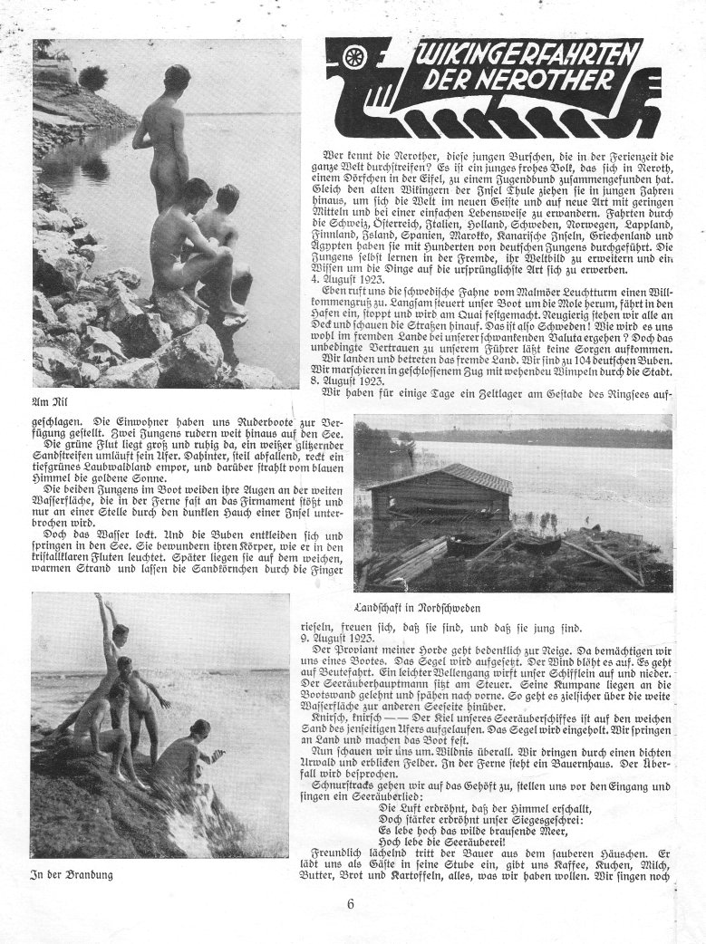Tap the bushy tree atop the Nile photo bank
tap(92, 78)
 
